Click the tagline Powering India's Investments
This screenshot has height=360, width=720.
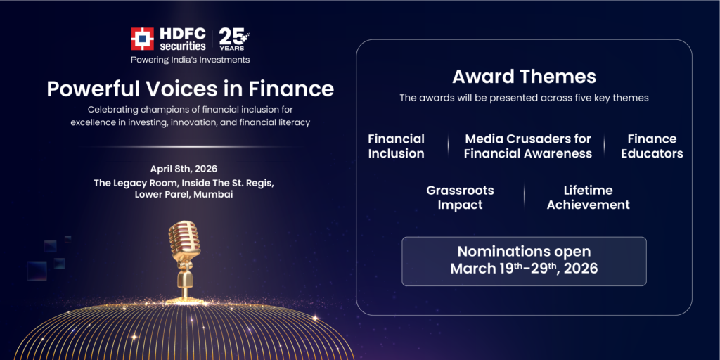point(190,60)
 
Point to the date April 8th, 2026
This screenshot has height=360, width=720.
point(184,169)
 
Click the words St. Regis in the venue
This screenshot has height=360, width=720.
point(250,182)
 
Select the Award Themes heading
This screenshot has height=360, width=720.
point(524,77)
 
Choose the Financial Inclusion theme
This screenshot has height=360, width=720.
point(396,146)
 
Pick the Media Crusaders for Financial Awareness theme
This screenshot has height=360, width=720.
point(527,146)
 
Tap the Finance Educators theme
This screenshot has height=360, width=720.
point(652,146)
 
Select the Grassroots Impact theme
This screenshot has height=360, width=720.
point(460,198)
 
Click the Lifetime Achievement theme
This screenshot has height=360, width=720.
point(588,198)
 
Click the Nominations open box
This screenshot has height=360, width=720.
point(524,261)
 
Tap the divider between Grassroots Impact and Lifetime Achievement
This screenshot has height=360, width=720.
point(524,196)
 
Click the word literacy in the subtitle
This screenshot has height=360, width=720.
point(290,122)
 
